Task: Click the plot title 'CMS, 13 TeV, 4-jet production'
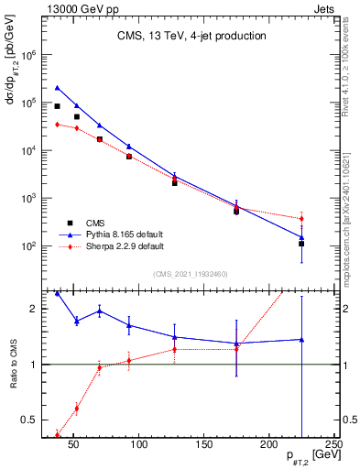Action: click(x=191, y=37)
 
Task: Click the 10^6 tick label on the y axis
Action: click(x=27, y=55)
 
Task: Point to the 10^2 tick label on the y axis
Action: click(x=27, y=246)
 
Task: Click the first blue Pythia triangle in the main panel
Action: click(x=58, y=88)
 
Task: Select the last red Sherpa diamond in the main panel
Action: click(x=301, y=218)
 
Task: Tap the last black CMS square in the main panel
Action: click(x=301, y=244)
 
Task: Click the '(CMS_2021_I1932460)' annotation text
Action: click(x=190, y=274)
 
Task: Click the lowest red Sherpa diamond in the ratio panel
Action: click(x=58, y=434)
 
